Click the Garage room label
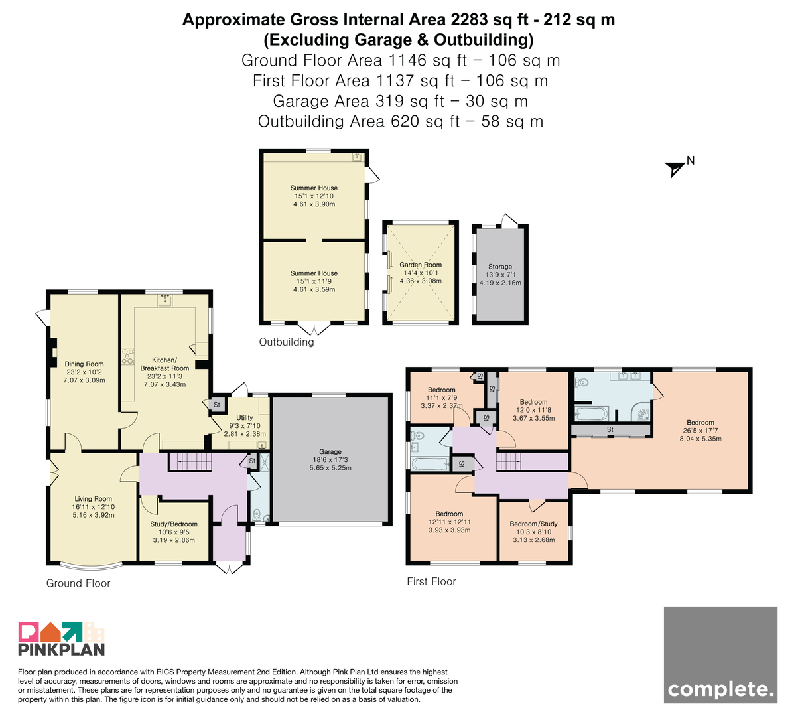pyautogui.click(x=330, y=451)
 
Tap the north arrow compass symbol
pyautogui.click(x=675, y=169)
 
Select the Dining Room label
pyautogui.click(x=84, y=364)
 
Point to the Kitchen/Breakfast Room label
pyautogui.click(x=165, y=364)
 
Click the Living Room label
pyautogui.click(x=94, y=499)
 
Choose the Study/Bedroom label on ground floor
pyautogui.click(x=174, y=524)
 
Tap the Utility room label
pyautogui.click(x=244, y=418)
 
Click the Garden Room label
pyautogui.click(x=421, y=265)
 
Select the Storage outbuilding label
pyautogui.click(x=500, y=267)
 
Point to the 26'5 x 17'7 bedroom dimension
pyautogui.click(x=700, y=431)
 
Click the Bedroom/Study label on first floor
pyautogui.click(x=534, y=524)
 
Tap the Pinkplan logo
pyautogui.click(x=62, y=638)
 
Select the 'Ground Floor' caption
pyautogui.click(x=78, y=583)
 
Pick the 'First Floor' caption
pyautogui.click(x=431, y=581)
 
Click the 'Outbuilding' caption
pyautogui.click(x=287, y=342)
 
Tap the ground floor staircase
pyautogui.click(x=190, y=461)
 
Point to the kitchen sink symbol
pyautogui.click(x=165, y=301)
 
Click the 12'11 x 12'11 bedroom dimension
pyautogui.click(x=449, y=522)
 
